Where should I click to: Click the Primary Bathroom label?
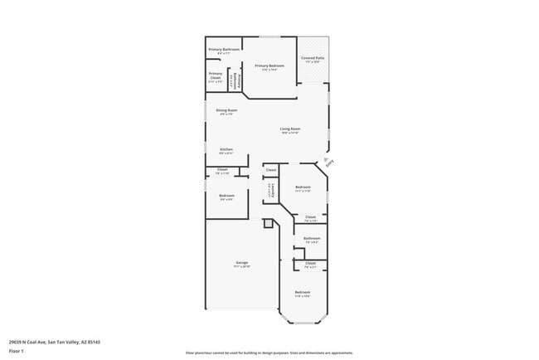(x=224, y=51)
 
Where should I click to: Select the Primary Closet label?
(x=215, y=80)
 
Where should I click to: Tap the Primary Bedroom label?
(x=269, y=67)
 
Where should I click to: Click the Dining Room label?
(x=226, y=112)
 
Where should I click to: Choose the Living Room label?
(x=289, y=130)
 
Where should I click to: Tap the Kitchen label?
(x=226, y=151)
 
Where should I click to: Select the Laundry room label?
(x=269, y=191)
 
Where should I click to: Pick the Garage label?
(x=241, y=265)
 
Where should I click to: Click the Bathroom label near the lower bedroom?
(x=311, y=240)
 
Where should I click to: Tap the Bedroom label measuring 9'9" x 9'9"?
(x=226, y=197)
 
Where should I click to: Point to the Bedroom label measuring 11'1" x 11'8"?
(x=303, y=189)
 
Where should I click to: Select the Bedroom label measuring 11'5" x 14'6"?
(x=303, y=294)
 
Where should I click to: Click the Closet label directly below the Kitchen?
(x=222, y=171)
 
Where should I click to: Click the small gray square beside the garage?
(x=268, y=223)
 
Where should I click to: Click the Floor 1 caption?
(x=17, y=351)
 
